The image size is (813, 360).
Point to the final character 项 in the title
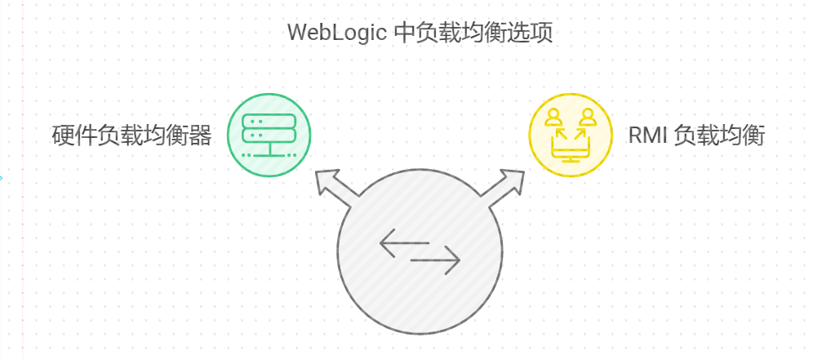click(542, 33)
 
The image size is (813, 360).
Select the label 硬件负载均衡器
click(131, 136)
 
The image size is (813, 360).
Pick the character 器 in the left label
click(200, 136)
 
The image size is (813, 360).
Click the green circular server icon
click(269, 135)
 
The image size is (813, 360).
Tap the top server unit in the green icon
click(269, 120)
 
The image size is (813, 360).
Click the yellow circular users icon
click(570, 135)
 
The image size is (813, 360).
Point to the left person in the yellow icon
click(554, 117)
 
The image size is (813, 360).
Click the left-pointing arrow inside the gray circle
click(400, 242)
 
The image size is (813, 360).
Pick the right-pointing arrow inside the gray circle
click(437, 261)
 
